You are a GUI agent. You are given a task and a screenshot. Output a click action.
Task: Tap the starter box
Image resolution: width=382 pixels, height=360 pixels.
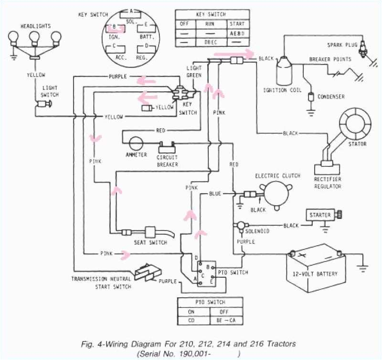[319, 215]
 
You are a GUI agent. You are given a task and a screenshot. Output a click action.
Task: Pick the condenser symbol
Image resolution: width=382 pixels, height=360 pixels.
[311, 97]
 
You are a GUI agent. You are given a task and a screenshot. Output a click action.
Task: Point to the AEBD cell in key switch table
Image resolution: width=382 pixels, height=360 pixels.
[236, 34]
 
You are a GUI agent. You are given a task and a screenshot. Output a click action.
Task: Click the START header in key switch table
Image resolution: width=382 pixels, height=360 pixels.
[236, 23]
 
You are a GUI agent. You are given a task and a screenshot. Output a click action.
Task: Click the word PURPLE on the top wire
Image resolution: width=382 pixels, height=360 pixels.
[118, 76]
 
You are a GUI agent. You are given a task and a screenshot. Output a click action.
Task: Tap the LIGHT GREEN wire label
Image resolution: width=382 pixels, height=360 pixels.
[193, 72]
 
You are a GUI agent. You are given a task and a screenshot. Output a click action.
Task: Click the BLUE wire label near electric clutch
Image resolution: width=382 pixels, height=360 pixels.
[215, 194]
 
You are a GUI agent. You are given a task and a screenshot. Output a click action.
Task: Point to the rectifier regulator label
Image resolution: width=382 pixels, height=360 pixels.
[328, 183]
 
